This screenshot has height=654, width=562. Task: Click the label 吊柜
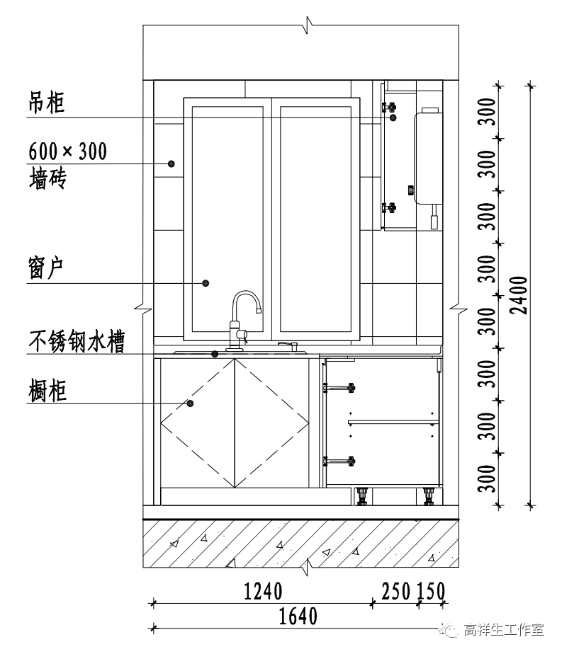tap(47, 103)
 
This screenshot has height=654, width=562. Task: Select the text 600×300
tap(67, 151)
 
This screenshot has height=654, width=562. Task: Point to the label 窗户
tap(47, 269)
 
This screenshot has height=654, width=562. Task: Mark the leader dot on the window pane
tap(206, 283)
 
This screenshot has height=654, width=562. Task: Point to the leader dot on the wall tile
tap(172, 163)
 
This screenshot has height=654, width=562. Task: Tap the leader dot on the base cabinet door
tap(191, 403)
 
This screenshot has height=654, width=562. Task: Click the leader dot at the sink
tap(215, 353)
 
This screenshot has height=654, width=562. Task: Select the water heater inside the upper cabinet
tap(427, 156)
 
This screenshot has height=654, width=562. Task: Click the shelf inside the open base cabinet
tap(393, 423)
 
